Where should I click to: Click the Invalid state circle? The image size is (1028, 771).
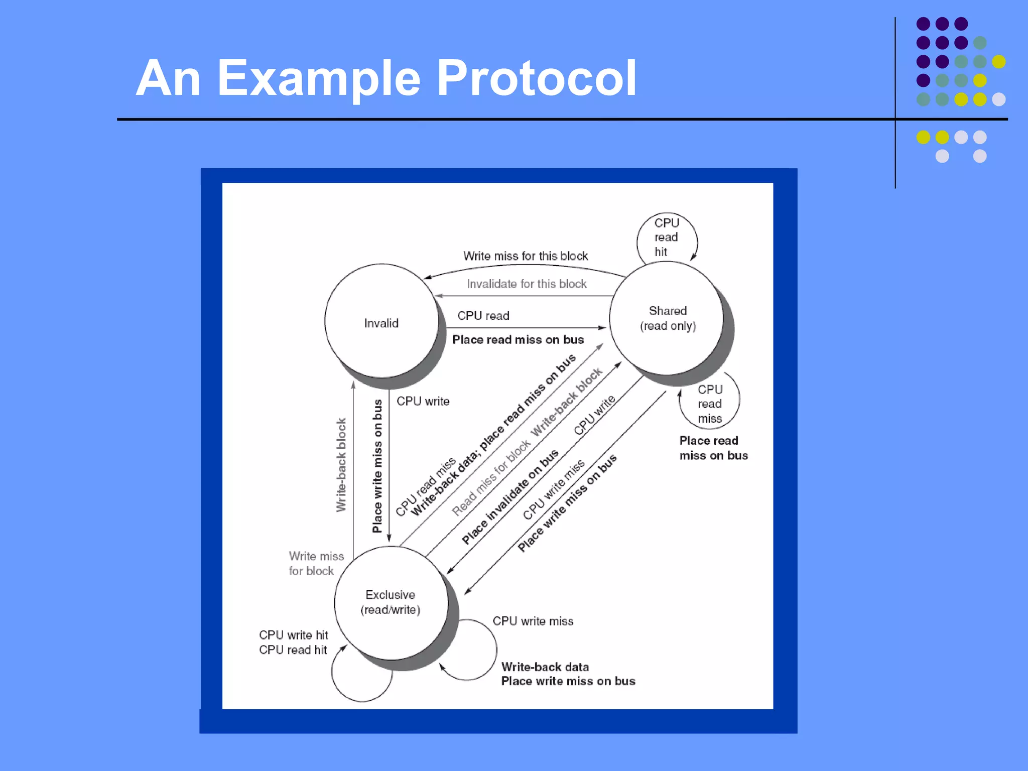[x=381, y=321]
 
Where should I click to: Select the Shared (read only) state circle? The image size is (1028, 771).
[x=667, y=318]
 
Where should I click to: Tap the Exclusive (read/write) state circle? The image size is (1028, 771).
[x=391, y=602]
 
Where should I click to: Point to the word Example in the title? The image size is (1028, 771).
[x=318, y=79]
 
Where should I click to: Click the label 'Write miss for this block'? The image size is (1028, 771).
[x=525, y=256]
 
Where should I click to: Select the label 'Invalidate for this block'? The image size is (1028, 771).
[x=527, y=284]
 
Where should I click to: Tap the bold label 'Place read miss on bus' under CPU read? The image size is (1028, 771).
[x=518, y=340]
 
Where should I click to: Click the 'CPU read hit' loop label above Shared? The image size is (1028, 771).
[x=666, y=237]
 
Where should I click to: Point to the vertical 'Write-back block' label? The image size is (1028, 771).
[x=341, y=465]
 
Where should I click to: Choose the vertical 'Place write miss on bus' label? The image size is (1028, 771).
[x=377, y=466]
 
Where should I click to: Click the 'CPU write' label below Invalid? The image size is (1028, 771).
[x=423, y=402]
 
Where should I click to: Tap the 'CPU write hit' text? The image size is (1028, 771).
[x=293, y=635]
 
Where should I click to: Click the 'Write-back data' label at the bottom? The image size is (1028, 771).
[x=545, y=667]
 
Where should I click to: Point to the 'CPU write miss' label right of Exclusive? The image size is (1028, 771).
[x=533, y=621]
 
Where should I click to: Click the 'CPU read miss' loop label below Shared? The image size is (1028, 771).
[x=709, y=404]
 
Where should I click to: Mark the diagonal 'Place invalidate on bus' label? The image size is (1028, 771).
[x=510, y=497]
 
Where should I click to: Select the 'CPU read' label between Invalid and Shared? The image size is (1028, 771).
[x=483, y=316]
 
